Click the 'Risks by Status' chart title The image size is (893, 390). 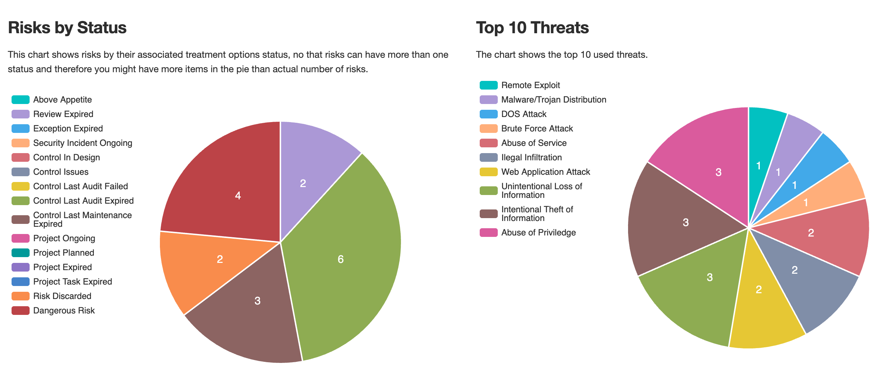coord(67,28)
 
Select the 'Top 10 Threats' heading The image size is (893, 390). coord(532,28)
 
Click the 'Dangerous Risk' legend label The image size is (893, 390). coord(64,311)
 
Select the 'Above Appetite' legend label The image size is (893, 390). coord(62,100)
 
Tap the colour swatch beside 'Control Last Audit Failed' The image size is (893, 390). coord(20,186)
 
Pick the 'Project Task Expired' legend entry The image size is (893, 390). coord(73,282)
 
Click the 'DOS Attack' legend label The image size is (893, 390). coord(524,114)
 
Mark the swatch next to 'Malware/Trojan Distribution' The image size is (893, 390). coord(488,100)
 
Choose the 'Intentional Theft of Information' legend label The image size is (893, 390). coord(537,214)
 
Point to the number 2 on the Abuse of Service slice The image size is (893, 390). coord(811,233)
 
